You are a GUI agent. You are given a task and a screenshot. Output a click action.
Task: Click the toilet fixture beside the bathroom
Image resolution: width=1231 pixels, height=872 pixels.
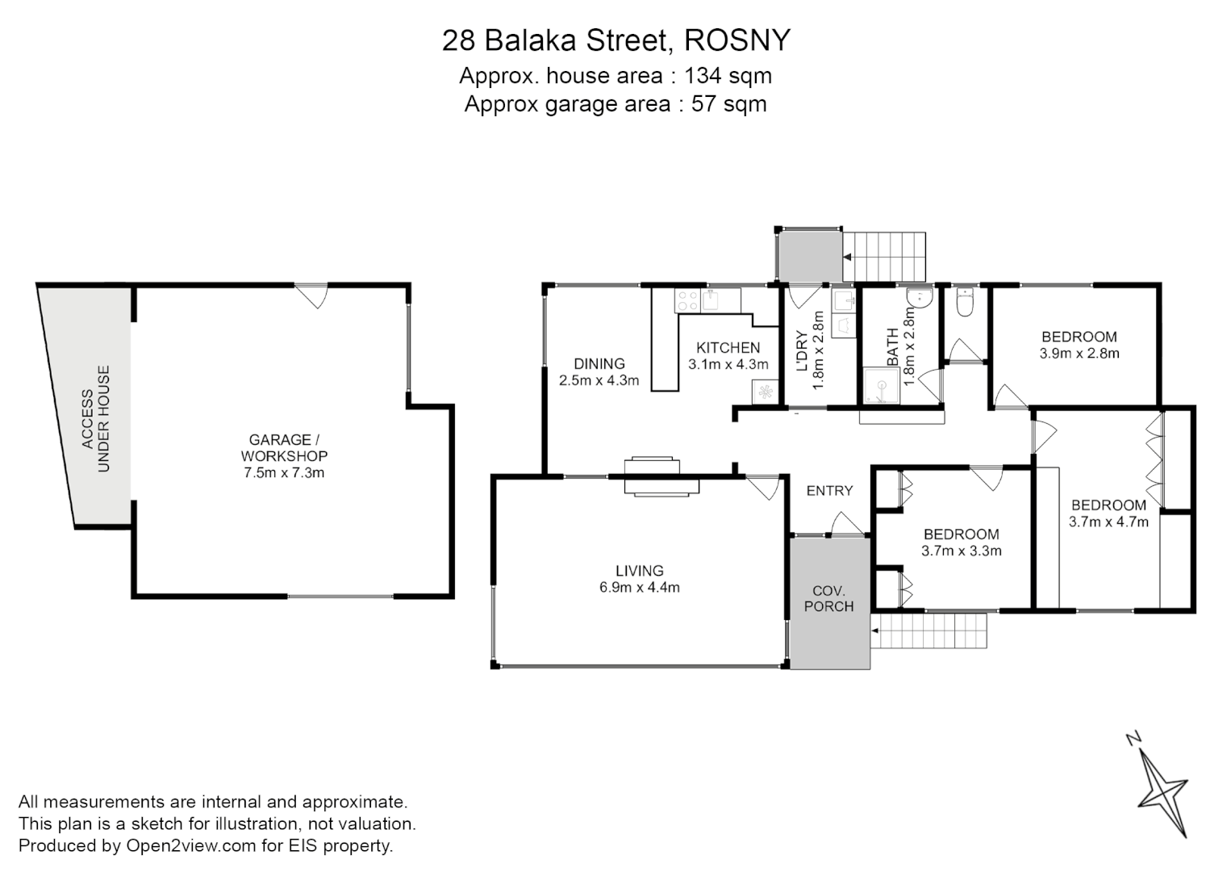(965, 304)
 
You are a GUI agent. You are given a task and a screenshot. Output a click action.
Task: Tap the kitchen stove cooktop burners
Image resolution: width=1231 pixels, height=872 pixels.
(687, 301)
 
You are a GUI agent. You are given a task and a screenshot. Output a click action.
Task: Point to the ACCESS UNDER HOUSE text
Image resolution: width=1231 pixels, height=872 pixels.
(96, 419)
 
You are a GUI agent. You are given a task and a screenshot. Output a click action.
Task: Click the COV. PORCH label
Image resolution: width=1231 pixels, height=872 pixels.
(828, 598)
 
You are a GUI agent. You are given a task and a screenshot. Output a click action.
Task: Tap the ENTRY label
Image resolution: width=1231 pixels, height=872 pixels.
(829, 491)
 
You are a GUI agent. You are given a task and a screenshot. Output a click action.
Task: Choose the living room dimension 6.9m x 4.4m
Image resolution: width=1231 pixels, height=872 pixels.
(639, 588)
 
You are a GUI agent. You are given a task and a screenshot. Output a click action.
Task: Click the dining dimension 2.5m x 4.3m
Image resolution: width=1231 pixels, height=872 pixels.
(599, 380)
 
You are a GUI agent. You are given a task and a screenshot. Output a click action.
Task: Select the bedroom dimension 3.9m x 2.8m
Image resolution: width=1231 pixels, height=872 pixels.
(1079, 353)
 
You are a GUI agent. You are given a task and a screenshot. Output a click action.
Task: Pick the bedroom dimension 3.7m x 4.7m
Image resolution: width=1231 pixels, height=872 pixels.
(1108, 522)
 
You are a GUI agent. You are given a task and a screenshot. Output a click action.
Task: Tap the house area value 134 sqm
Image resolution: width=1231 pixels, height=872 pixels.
(728, 76)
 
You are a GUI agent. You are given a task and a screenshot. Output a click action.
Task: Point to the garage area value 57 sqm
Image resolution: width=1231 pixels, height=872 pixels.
(728, 104)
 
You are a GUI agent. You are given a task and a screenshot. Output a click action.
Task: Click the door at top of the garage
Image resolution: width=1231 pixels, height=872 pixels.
(311, 295)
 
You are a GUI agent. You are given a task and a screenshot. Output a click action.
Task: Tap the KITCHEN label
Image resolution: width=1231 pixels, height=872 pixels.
(728, 348)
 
